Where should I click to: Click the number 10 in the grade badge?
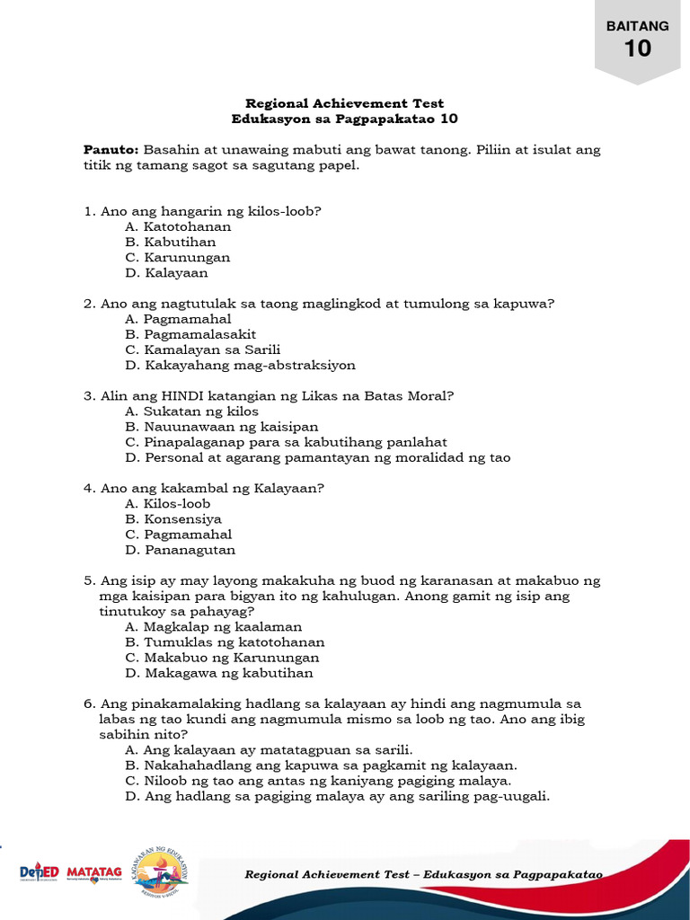[x=638, y=48]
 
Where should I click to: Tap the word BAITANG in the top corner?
[x=638, y=26]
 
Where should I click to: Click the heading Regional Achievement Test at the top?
[x=345, y=103]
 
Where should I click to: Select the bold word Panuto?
[x=111, y=149]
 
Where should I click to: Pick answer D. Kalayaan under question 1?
[x=166, y=272]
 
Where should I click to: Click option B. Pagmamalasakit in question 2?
[x=190, y=334]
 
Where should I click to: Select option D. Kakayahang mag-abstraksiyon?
[x=240, y=365]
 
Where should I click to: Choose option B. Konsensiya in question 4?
[x=173, y=518]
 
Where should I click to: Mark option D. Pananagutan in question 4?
[x=180, y=549]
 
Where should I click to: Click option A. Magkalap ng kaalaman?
[x=213, y=626]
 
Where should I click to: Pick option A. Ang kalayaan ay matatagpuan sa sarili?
[x=269, y=749]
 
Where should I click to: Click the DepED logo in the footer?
[x=40, y=873]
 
